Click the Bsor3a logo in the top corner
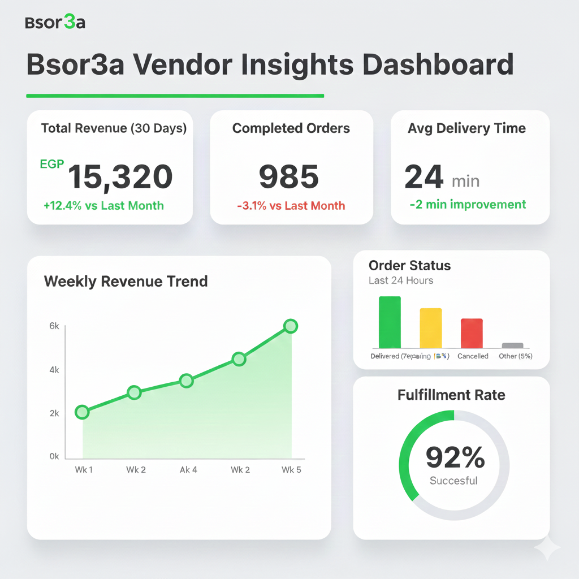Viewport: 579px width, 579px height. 55,23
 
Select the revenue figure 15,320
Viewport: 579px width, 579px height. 120,176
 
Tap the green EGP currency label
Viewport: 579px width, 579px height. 52,165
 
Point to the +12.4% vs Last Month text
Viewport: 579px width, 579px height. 103,205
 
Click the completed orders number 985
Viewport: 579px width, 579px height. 289,176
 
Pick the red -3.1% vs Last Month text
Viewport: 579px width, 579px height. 291,205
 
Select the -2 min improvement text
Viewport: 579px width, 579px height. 468,204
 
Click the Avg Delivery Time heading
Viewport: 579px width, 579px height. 466,128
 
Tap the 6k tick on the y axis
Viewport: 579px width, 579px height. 54,326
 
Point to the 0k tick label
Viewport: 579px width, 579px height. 54,456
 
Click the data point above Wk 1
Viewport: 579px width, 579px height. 82,412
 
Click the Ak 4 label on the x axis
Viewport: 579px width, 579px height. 188,470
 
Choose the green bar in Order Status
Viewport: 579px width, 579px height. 390,322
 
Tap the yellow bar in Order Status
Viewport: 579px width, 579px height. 430,328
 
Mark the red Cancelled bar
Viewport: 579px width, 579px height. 472,333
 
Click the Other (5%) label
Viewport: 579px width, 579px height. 515,356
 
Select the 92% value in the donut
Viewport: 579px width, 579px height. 455,457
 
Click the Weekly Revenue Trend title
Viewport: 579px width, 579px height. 126,281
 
